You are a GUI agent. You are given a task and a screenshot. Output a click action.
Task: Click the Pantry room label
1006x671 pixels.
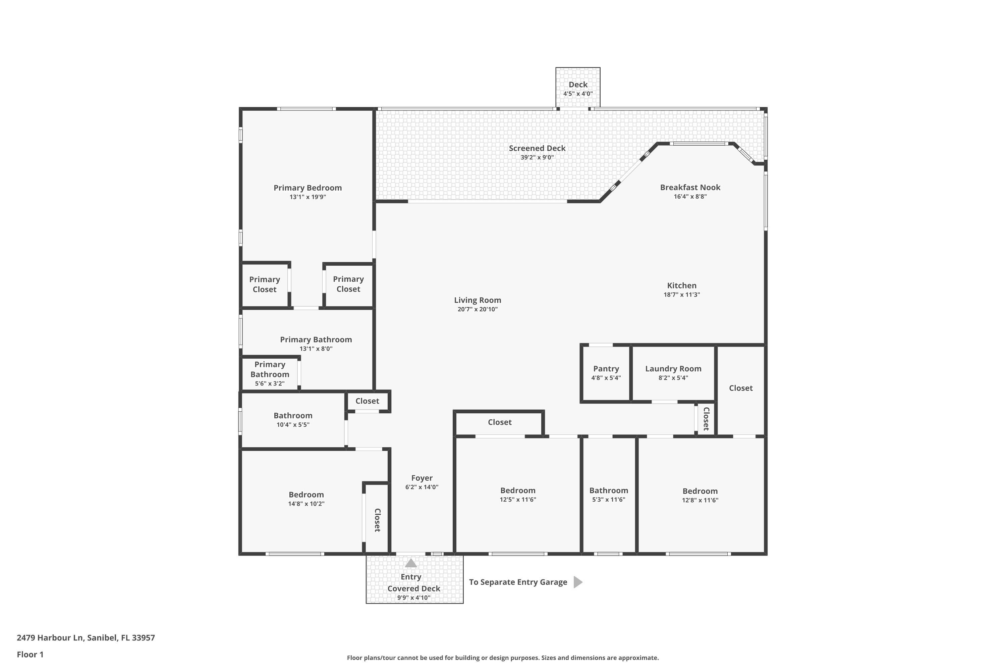[606, 369]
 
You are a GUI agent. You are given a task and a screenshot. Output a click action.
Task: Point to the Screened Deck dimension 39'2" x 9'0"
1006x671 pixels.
[537, 157]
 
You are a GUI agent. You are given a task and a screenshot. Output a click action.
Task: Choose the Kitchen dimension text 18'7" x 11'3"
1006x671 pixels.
[681, 295]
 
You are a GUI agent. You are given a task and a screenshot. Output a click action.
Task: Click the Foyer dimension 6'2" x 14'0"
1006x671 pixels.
[422, 487]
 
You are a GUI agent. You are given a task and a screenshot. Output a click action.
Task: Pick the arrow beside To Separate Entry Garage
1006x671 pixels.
[578, 582]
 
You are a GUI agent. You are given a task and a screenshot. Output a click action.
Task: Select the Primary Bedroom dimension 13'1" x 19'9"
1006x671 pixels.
[308, 197]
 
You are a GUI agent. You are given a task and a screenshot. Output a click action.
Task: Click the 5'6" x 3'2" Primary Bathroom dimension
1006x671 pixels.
[270, 384]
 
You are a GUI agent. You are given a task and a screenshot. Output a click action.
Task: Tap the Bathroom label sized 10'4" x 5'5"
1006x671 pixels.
[293, 416]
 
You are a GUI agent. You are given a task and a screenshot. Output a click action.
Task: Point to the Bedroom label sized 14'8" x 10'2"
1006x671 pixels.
[306, 495]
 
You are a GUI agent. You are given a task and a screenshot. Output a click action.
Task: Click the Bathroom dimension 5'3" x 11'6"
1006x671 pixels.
[608, 500]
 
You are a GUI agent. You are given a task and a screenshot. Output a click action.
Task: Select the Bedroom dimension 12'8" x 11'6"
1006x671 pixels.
[700, 500]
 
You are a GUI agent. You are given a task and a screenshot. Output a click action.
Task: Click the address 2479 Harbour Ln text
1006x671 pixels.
[50, 638]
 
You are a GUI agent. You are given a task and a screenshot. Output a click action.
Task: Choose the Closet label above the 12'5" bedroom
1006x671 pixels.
[500, 422]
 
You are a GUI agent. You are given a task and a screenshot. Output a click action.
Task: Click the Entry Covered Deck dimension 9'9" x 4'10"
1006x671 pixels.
[413, 598]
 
